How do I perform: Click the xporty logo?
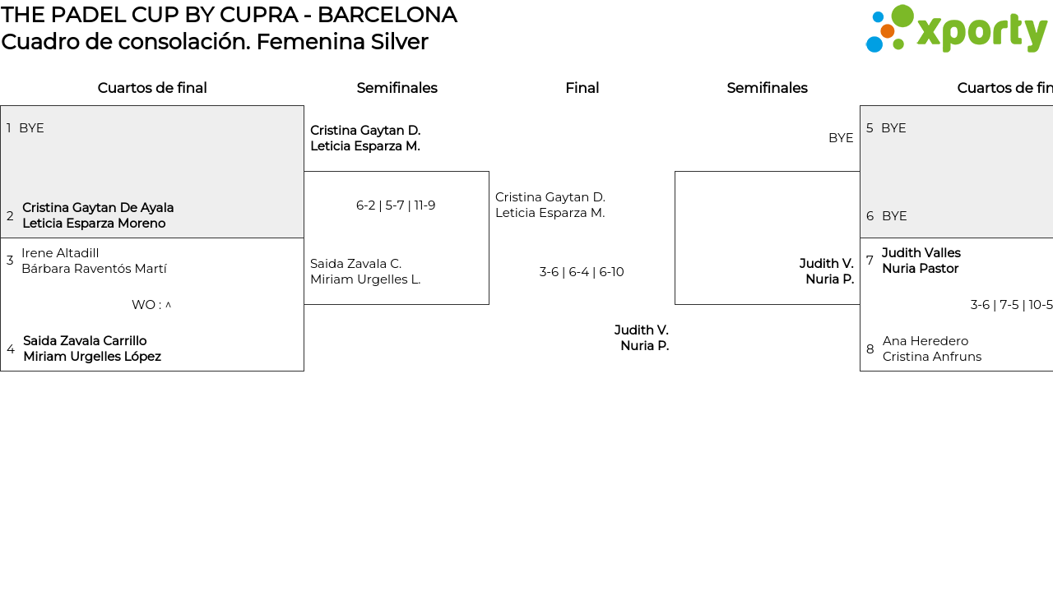point(956,30)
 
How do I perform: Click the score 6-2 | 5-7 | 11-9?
point(396,205)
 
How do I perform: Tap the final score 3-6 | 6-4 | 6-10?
point(582,272)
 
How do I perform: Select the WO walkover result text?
point(151,305)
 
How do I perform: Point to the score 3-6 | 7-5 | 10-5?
point(1011,305)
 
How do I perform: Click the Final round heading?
point(582,88)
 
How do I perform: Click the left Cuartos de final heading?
point(152,88)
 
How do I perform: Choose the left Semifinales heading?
point(397,88)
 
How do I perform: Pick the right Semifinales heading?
point(767,88)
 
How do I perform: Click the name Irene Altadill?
point(60,253)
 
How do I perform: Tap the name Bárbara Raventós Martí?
point(94,269)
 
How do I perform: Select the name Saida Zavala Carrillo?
point(85,341)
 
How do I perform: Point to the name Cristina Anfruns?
point(932,357)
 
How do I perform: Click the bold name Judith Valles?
point(921,253)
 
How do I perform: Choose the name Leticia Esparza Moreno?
point(94,224)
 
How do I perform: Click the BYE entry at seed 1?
point(31,128)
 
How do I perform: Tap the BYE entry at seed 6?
point(894,216)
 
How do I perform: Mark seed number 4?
point(11,349)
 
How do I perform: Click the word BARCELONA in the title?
point(387,15)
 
